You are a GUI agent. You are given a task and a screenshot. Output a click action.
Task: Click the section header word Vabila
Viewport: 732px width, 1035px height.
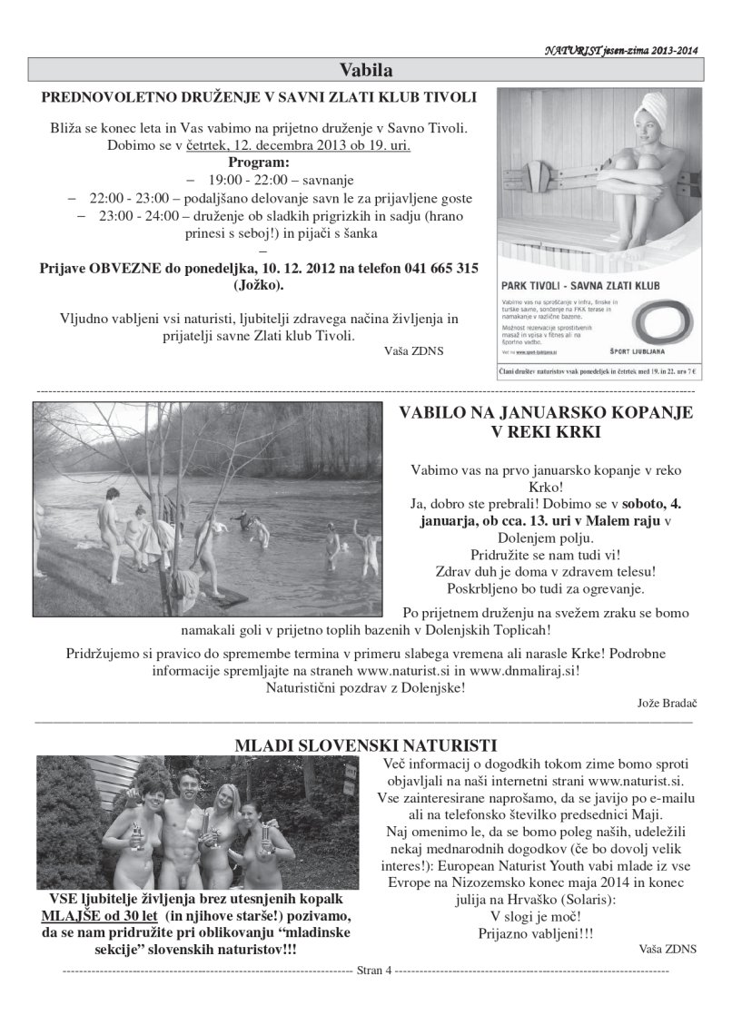coord(366,69)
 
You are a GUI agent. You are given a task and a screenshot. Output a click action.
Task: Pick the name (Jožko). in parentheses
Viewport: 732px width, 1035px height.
coord(259,285)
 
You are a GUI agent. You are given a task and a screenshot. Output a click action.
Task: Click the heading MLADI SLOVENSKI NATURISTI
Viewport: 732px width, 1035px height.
coord(365,745)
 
